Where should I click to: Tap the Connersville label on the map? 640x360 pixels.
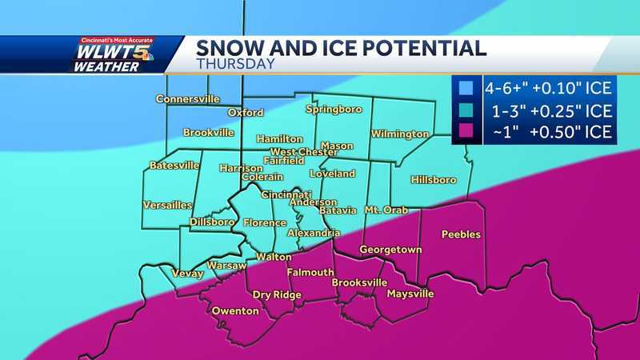[x=187, y=99]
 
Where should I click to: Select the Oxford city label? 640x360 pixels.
[x=245, y=113]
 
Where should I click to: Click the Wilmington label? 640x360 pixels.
[x=399, y=134]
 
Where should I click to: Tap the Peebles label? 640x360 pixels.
[x=461, y=234]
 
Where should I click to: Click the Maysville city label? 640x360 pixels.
[x=410, y=294]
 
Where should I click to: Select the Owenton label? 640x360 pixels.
[x=234, y=310]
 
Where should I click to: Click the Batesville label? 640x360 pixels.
[x=174, y=166]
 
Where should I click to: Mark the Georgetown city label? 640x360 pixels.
[x=390, y=250]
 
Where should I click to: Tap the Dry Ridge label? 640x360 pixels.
[x=277, y=295]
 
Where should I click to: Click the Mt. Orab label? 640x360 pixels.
[x=386, y=210]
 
